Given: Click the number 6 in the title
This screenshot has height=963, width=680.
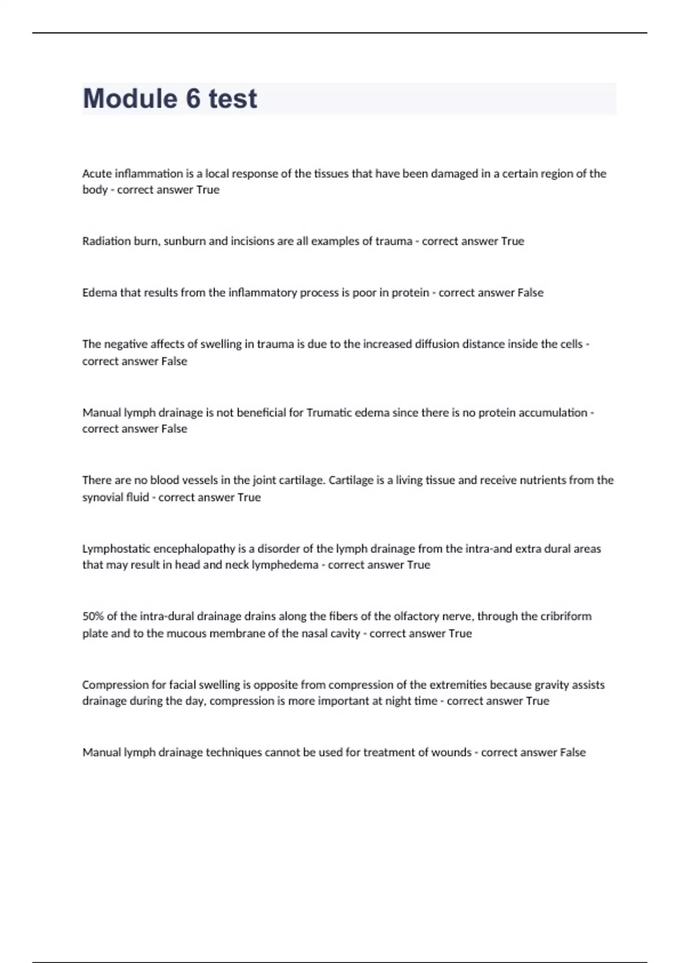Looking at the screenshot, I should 193,99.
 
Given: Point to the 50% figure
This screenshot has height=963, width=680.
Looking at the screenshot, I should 92,616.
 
